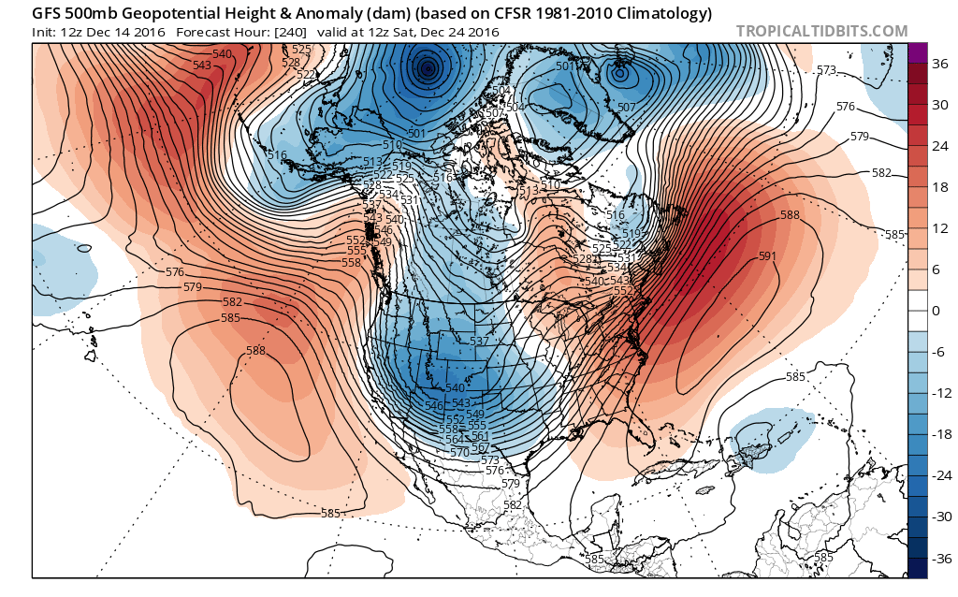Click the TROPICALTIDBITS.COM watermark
click(821, 31)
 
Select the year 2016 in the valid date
click(478, 32)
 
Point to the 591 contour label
click(768, 256)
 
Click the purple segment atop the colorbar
click(917, 53)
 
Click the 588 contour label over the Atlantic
click(791, 216)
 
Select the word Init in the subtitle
click(46, 32)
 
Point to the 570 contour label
click(459, 452)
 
